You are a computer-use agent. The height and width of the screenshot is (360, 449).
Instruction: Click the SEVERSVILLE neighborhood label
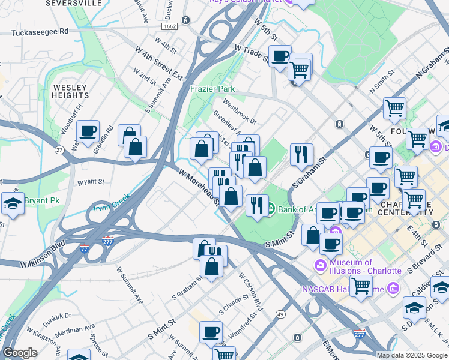pos(86,3)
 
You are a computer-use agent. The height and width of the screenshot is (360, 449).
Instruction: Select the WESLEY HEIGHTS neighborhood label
pos(71,91)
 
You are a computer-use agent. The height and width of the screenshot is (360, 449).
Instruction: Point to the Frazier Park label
pos(212,89)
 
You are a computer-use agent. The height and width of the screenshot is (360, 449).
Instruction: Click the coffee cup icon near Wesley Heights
pos(88,131)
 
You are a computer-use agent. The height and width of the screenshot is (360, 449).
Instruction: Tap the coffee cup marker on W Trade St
pos(280,56)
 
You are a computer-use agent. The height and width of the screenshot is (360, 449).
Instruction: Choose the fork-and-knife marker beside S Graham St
pos(301,154)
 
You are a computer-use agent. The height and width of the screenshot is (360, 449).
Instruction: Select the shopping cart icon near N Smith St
pos(394,109)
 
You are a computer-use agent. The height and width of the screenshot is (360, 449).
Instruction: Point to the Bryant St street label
pos(91,181)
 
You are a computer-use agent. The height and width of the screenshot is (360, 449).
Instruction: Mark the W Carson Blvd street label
pos(251,293)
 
